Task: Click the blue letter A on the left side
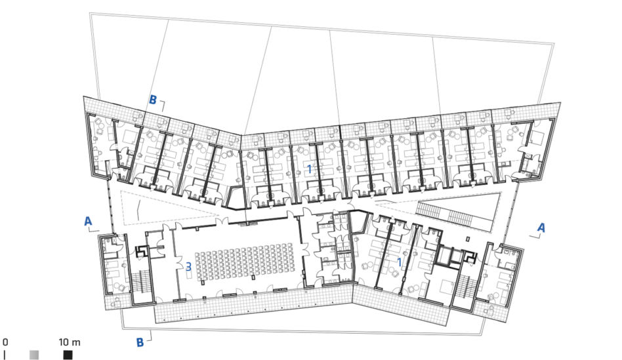pos(88,221)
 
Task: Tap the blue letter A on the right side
pos(541,228)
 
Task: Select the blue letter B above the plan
pos(153,100)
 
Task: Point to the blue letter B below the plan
pos(140,342)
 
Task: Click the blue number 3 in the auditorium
pos(189,267)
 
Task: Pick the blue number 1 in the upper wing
pos(310,169)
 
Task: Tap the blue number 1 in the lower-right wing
pos(400,262)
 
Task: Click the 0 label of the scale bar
pos(5,342)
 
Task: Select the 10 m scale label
pos(70,342)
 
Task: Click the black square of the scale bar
pos(68,355)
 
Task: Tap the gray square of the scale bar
pos(34,355)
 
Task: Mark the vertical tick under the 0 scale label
pos(5,355)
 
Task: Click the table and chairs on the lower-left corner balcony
pos(116,302)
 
